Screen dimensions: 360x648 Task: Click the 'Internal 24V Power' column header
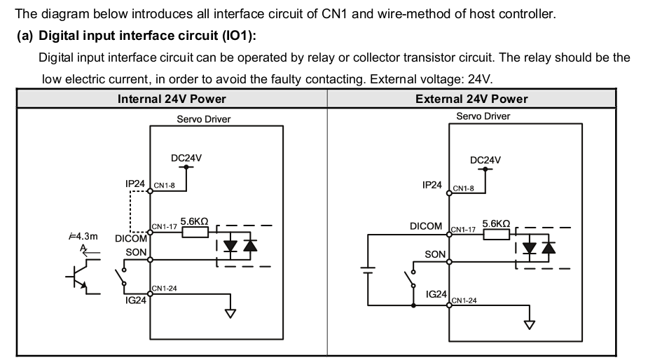coord(172,99)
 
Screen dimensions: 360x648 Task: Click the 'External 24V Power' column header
coord(471,99)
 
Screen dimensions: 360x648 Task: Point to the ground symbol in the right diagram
coord(530,324)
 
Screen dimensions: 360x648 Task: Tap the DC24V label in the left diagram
coord(186,158)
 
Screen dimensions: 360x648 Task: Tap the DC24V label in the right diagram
coord(485,160)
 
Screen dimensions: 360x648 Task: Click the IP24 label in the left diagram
coord(135,184)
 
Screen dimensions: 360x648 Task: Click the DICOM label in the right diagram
coord(426,226)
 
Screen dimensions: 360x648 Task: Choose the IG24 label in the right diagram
coord(436,294)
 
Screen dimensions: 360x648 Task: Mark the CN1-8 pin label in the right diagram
coord(464,188)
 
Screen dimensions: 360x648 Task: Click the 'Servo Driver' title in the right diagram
coord(483,116)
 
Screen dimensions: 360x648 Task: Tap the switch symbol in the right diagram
coord(408,284)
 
